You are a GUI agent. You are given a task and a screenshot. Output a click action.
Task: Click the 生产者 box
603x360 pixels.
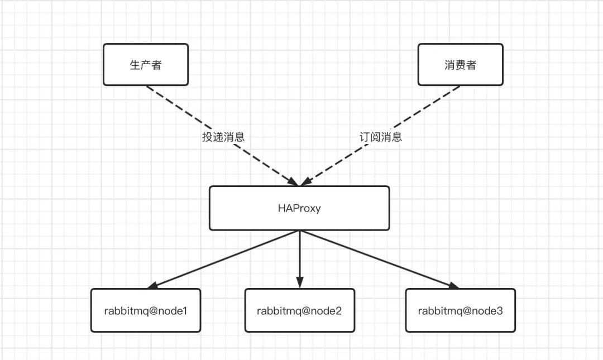click(146, 65)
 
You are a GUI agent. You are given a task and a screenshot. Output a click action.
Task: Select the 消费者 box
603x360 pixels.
click(460, 65)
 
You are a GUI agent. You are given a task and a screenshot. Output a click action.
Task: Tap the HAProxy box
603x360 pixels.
click(299, 208)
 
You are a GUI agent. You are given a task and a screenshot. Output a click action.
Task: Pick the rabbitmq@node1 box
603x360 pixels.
click(146, 310)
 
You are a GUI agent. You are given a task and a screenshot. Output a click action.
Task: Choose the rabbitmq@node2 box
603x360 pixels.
click(300, 310)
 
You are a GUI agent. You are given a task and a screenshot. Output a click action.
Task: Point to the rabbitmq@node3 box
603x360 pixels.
click(460, 310)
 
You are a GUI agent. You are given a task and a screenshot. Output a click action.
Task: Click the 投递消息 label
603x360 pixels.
click(223, 137)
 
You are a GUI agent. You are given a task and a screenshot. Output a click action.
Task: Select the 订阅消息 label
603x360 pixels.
click(381, 137)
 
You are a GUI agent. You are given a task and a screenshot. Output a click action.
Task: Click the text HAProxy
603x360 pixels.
click(299, 208)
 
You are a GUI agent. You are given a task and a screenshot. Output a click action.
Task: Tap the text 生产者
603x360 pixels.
click(146, 65)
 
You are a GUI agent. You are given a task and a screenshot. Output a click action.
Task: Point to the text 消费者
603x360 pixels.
click(460, 65)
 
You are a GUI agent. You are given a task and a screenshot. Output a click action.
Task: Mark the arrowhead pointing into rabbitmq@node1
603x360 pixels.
click(152, 285)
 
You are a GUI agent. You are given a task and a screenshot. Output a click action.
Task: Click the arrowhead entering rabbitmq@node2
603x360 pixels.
click(300, 282)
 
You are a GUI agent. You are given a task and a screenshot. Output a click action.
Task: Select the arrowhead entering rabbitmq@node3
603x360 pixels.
click(453, 285)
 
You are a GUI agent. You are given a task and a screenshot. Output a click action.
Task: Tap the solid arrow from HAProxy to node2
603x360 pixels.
click(300, 260)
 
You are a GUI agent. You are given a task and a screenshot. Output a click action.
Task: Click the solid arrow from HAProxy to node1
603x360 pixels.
click(223, 260)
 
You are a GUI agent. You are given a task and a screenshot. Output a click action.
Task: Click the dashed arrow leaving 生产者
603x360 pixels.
click(222, 136)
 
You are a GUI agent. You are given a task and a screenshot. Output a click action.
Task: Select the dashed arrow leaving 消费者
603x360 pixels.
click(380, 136)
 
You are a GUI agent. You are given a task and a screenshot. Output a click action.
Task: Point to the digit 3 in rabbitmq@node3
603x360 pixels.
click(499, 311)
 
